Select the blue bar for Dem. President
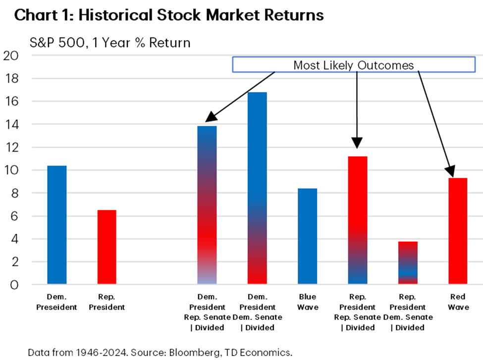(x=57, y=225)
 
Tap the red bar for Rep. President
(x=107, y=248)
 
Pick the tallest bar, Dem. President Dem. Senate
(x=257, y=188)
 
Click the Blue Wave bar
(x=307, y=237)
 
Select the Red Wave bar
(x=457, y=231)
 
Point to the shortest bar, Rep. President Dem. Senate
(x=407, y=263)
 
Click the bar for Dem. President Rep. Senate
(x=207, y=205)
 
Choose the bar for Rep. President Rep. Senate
(x=357, y=220)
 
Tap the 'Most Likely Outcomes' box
(x=354, y=65)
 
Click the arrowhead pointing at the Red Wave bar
(x=450, y=172)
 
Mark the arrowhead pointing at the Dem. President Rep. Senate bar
(x=211, y=117)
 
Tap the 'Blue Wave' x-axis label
(x=307, y=303)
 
